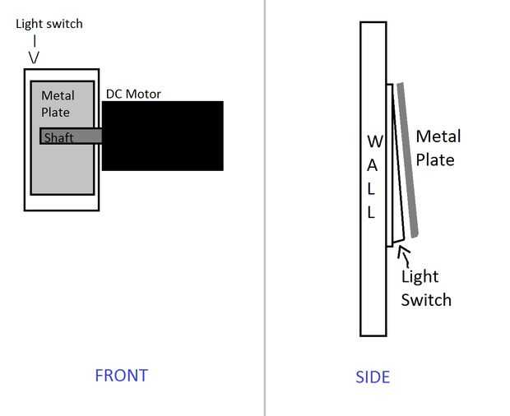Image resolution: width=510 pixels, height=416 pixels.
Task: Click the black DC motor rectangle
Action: (163, 136)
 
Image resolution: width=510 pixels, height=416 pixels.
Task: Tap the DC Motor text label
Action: (133, 94)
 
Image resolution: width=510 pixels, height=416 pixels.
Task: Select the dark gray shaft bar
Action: (71, 136)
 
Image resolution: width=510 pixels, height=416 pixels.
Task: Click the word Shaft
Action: (58, 138)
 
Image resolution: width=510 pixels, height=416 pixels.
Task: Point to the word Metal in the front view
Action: (58, 95)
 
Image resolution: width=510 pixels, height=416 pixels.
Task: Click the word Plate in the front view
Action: (55, 112)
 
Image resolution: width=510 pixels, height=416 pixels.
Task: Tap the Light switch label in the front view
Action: (49, 24)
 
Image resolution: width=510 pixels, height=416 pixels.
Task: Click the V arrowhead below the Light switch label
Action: (34, 58)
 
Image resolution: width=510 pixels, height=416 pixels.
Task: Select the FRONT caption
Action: (121, 376)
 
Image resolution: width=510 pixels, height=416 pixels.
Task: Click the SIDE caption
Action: (373, 377)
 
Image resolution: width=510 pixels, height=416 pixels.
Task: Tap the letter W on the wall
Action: (375, 141)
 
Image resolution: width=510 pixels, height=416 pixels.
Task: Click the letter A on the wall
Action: (372, 166)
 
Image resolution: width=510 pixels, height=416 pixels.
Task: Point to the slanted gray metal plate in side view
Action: (407, 159)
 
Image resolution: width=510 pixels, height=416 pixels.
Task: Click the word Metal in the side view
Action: (438, 136)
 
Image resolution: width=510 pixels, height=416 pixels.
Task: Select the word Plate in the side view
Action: (435, 159)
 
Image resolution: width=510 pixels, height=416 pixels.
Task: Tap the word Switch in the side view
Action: (426, 299)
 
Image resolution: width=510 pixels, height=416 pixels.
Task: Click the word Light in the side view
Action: (420, 277)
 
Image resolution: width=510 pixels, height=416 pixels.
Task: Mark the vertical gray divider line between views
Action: (265, 208)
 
